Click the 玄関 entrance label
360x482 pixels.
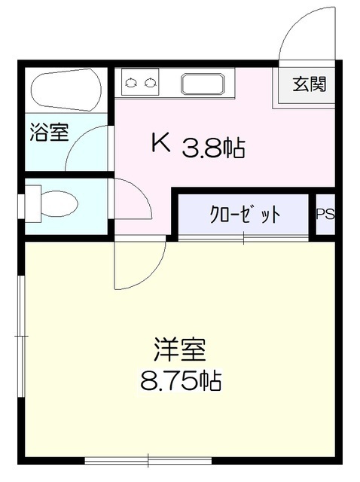pos(310,84)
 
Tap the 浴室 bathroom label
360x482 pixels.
pos(50,133)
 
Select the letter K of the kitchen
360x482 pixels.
pos(160,142)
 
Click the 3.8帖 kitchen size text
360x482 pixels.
pos(213,148)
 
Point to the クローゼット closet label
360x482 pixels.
pos(245,215)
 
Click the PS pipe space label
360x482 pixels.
pos(325,215)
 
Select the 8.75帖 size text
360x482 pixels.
pos(180,381)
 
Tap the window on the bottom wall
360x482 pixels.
pos(148,459)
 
